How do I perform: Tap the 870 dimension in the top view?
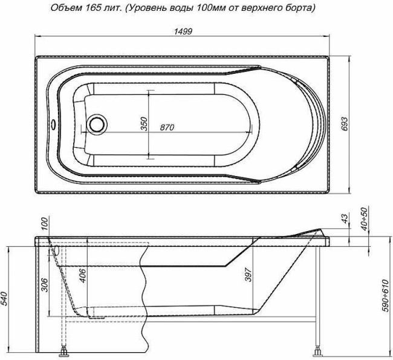point(167,128)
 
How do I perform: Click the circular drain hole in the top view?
point(97,125)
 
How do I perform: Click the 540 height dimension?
point(6,298)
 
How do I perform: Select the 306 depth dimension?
point(44,284)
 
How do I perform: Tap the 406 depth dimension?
point(83,276)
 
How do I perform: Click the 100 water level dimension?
point(44,223)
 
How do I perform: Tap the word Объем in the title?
point(65,9)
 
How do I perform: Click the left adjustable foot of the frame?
point(62,351)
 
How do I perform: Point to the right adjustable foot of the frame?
point(318,351)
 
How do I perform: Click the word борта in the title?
point(299,9)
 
